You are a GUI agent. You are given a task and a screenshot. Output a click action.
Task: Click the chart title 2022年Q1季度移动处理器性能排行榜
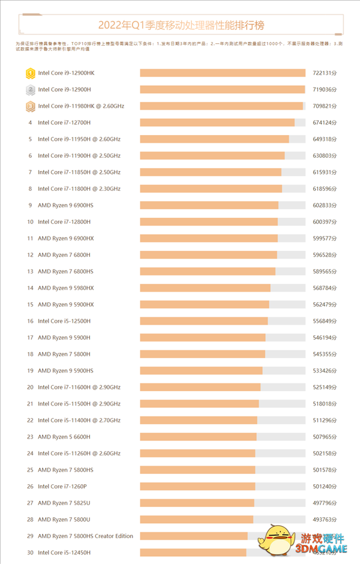(181, 26)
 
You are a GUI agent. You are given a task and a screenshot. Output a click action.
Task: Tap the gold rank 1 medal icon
(30, 73)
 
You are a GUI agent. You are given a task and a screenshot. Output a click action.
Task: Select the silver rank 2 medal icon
(30, 89)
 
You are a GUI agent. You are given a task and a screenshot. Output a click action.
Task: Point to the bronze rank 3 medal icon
(30, 106)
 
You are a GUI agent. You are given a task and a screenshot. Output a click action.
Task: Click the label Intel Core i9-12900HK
(66, 73)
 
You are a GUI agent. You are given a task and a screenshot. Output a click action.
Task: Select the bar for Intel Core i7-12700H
(217, 122)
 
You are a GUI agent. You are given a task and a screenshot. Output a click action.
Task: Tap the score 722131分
(325, 73)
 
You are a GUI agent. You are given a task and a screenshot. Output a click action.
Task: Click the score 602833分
(325, 205)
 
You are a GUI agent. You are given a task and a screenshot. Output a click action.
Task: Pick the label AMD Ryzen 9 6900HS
(65, 205)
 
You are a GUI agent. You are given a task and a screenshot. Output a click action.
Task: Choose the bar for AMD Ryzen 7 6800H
(208, 255)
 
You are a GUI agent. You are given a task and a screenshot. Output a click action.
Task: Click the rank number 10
(30, 222)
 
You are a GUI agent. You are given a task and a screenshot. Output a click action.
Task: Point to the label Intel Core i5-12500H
(64, 321)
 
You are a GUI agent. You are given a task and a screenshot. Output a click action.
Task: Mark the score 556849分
(325, 321)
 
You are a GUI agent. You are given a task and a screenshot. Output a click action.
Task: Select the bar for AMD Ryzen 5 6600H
(198, 437)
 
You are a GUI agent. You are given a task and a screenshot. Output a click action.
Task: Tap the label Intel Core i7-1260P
(62, 487)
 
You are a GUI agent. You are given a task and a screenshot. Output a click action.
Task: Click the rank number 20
(30, 387)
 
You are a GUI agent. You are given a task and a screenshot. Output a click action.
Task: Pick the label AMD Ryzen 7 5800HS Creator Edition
(85, 536)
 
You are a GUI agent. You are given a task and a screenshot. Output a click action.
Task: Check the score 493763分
(325, 520)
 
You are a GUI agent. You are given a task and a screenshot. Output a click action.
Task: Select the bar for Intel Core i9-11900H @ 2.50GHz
(212, 155)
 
